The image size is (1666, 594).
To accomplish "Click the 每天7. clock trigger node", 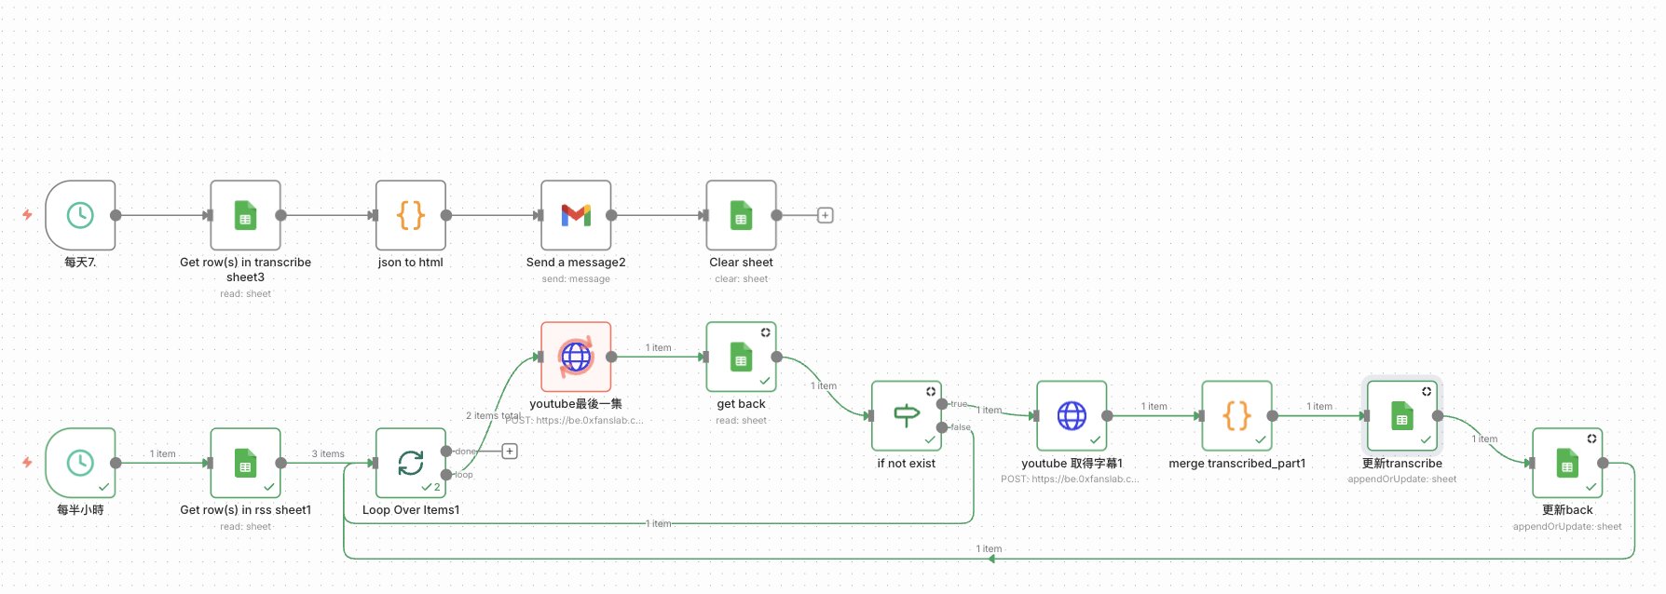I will click(80, 215).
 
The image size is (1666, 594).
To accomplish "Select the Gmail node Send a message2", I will click(576, 215).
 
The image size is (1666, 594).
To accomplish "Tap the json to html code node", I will click(411, 215).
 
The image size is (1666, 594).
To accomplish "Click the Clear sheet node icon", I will click(741, 215).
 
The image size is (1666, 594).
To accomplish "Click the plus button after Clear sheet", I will click(825, 215).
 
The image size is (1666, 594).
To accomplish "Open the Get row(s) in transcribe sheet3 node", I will click(245, 215).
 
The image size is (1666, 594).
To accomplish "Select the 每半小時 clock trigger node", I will click(80, 463).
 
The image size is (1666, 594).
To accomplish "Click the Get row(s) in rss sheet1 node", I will click(245, 463).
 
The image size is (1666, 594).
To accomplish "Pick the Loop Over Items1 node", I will click(411, 463).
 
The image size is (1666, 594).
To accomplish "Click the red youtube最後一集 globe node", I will click(576, 357).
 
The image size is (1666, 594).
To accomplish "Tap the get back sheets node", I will click(741, 357).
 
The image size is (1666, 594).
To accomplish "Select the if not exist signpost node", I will click(907, 415).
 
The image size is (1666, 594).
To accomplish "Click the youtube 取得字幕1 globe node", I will click(1072, 415).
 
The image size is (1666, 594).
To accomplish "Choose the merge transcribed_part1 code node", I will click(1236, 415).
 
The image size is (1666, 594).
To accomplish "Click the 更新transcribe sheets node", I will click(1401, 415).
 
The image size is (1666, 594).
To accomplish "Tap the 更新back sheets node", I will click(1567, 463).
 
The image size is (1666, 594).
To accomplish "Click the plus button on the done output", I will click(510, 452).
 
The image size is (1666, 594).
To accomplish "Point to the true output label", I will click(959, 404).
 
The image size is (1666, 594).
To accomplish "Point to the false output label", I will click(961, 427).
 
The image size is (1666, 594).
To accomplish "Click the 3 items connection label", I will click(328, 454).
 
